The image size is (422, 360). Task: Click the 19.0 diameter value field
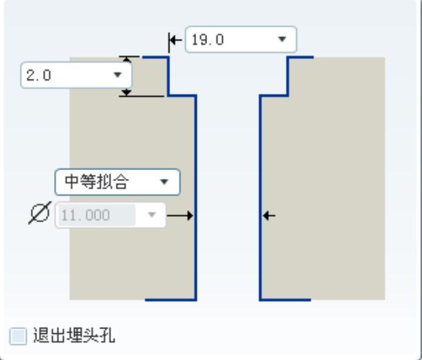tap(228, 40)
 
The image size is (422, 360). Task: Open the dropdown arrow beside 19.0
tap(282, 40)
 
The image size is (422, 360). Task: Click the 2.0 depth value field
tap(64, 75)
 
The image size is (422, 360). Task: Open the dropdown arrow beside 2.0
tap(118, 75)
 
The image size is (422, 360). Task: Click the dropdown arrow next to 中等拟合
tap(163, 181)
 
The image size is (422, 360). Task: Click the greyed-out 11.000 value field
tap(95, 216)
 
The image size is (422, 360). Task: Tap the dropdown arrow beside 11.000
tap(152, 216)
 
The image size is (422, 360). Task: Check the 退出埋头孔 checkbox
tap(18, 335)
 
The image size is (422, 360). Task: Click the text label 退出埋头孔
tap(74, 335)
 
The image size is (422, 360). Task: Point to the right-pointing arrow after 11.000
tap(181, 216)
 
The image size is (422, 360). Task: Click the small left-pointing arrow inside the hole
tap(268, 215)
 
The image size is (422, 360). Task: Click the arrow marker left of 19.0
tap(174, 41)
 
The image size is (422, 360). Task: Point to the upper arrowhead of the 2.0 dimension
tap(126, 60)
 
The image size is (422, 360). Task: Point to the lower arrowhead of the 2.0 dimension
tap(126, 92)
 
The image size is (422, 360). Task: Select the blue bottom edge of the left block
tap(171, 299)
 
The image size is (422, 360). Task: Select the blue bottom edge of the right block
tap(285, 299)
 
